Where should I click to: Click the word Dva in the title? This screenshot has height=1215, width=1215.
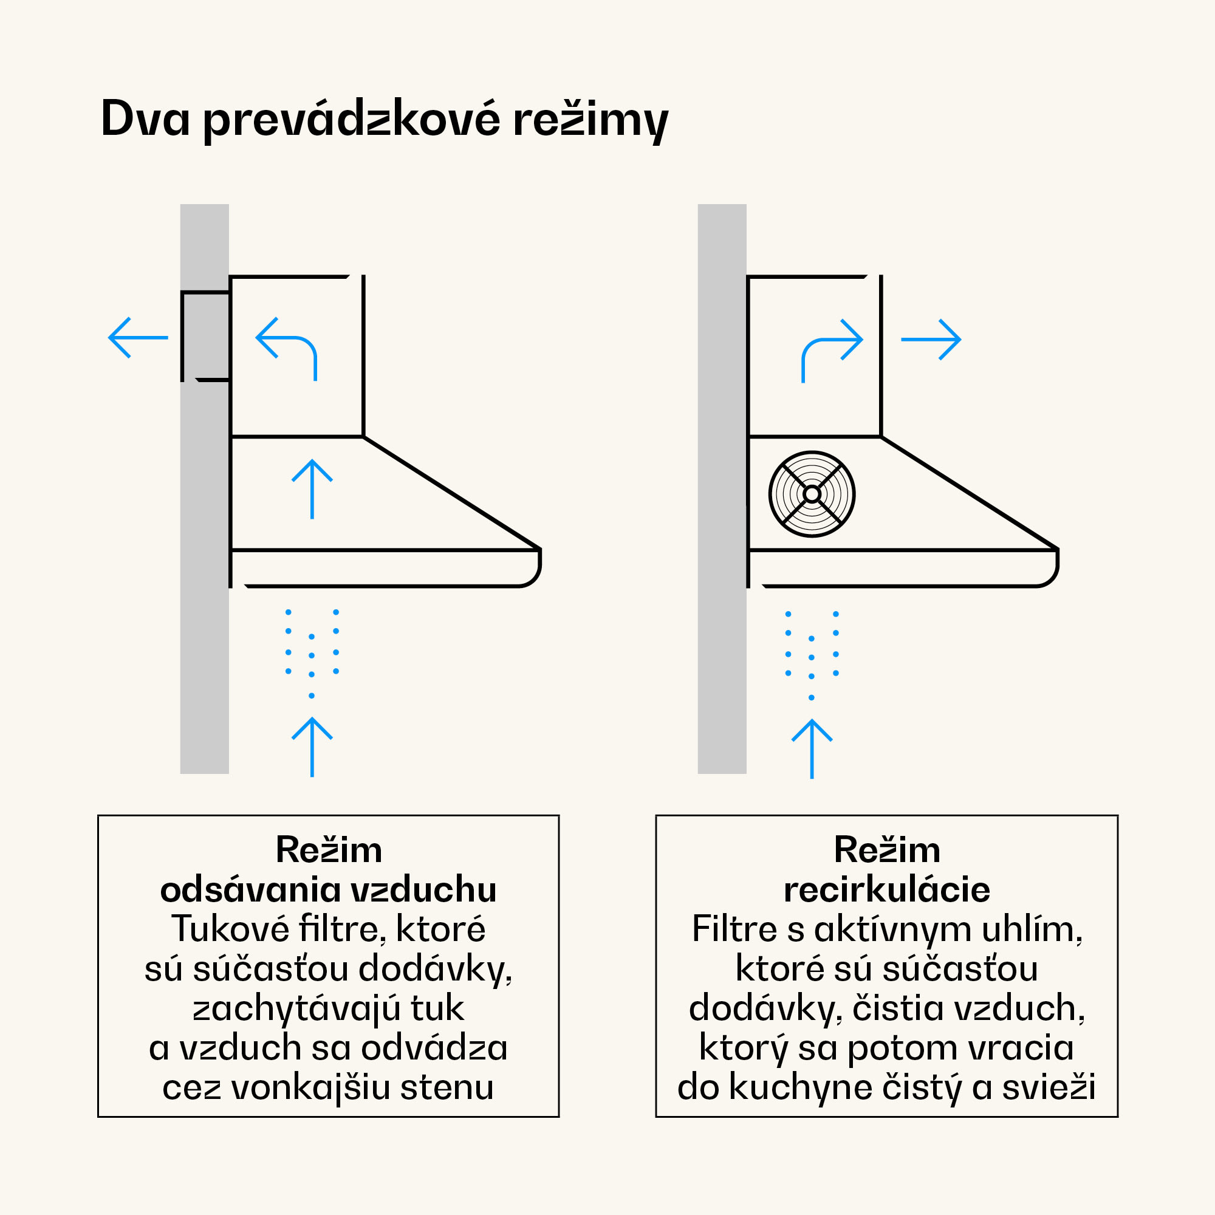point(145,118)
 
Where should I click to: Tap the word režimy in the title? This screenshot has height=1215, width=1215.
point(590,120)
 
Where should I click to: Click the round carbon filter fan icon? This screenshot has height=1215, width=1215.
point(811,495)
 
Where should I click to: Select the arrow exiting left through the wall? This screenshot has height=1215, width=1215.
point(139,338)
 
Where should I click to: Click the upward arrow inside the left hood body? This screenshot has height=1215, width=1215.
point(312,489)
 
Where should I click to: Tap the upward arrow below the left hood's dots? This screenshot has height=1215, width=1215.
point(312,747)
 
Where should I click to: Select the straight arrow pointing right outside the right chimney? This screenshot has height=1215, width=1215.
point(931,340)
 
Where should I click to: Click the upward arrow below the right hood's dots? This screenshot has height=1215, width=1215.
point(811,748)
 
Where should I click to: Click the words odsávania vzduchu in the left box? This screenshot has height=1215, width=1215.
point(328,890)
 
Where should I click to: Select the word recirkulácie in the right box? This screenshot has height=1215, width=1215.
point(887,890)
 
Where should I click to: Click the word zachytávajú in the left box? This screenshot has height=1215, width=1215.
point(296,1008)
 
